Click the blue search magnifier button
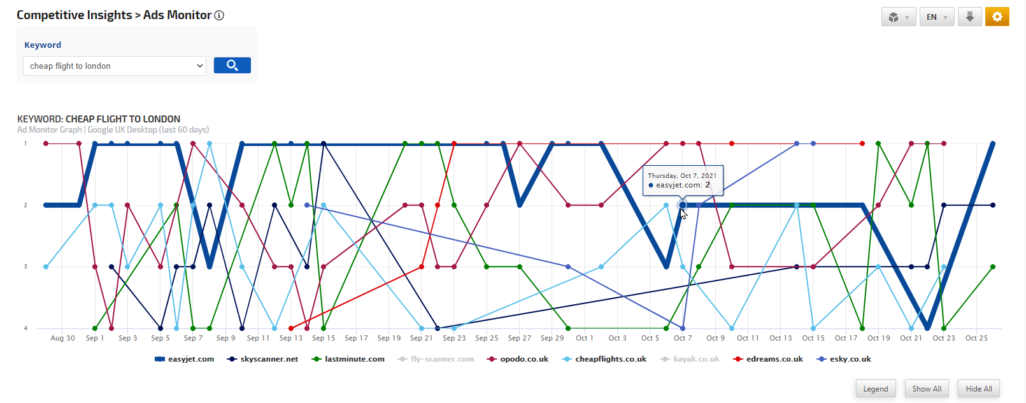pyautogui.click(x=232, y=65)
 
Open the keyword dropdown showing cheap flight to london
pyautogui.click(x=115, y=66)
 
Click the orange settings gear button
pyautogui.click(x=997, y=17)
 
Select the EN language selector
pyautogui.click(x=936, y=17)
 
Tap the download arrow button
pyautogui.click(x=969, y=17)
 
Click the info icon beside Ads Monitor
pyautogui.click(x=219, y=15)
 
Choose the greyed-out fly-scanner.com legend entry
pyautogui.click(x=436, y=359)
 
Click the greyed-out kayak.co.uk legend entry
pyautogui.click(x=690, y=359)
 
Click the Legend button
pyautogui.click(x=875, y=389)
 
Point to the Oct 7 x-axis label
pyautogui.click(x=683, y=338)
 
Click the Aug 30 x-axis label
pyautogui.click(x=62, y=338)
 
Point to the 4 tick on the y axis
pyautogui.click(x=25, y=328)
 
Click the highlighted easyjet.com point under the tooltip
pyautogui.click(x=683, y=205)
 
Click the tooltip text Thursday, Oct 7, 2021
pyautogui.click(x=681, y=175)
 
